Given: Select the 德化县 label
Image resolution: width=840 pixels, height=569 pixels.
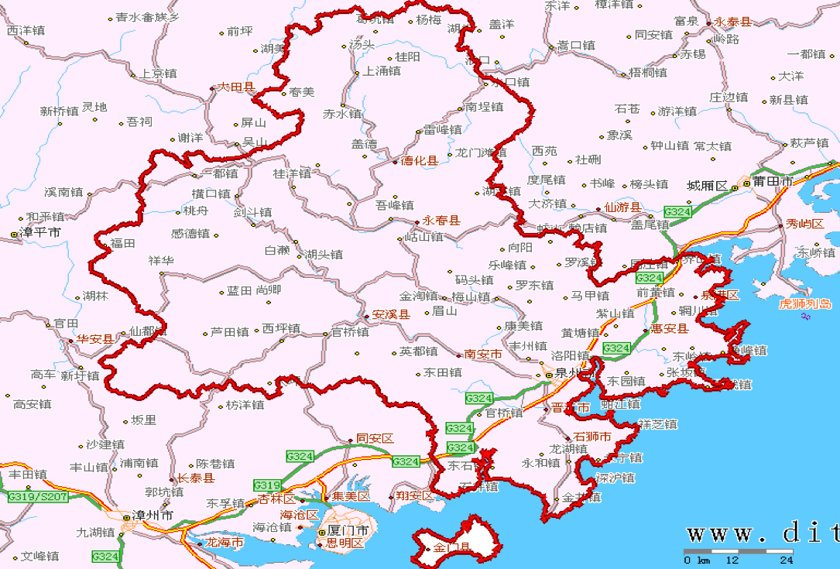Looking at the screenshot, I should [419, 161].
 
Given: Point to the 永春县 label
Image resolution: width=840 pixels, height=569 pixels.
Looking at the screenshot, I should [441, 221].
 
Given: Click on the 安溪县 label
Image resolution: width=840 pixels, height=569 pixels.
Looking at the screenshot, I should [391, 315].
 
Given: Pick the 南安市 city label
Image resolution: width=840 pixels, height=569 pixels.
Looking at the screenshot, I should [483, 354].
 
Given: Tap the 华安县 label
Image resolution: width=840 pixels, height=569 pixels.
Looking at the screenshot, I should [95, 339].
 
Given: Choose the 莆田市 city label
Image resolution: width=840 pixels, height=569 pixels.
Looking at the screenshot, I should [775, 182].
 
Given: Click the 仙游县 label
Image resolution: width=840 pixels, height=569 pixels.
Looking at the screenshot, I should [622, 207].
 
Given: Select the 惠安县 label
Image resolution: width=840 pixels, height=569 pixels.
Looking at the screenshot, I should [670, 329].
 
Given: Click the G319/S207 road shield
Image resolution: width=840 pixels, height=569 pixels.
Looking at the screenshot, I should [37, 495].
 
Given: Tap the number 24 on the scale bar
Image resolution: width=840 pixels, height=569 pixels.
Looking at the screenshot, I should [787, 560].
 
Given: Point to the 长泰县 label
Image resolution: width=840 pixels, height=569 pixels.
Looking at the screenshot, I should [195, 478].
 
